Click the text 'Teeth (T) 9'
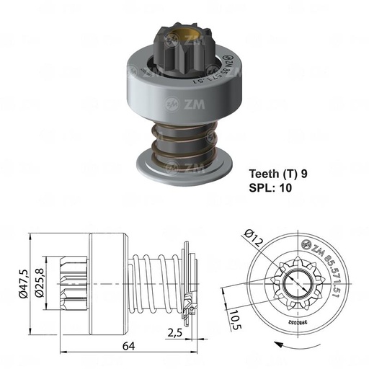point(282,174)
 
